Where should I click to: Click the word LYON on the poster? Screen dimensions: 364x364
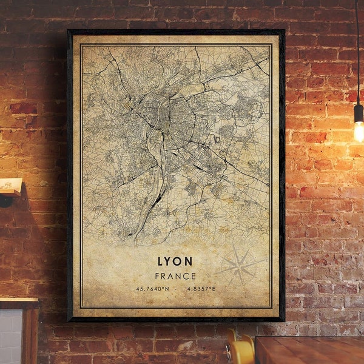click(x=175, y=261)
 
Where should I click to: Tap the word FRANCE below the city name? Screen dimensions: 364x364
click(x=175, y=275)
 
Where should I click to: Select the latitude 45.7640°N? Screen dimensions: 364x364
click(x=152, y=289)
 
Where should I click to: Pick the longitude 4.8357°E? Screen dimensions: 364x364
click(x=200, y=289)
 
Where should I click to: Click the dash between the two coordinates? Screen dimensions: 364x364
click(x=176, y=289)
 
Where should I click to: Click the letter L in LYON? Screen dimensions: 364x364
click(x=161, y=261)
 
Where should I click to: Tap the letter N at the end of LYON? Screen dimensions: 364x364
click(x=188, y=261)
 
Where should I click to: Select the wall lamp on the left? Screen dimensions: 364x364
click(x=10, y=188)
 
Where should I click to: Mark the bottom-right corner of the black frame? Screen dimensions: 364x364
click(x=283, y=320)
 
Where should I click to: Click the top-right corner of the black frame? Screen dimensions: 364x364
click(x=283, y=31)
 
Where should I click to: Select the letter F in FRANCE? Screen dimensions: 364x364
click(x=157, y=275)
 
